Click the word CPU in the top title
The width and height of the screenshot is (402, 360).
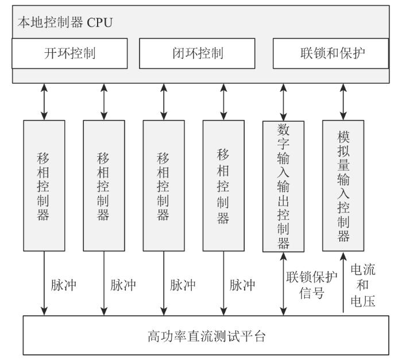(x=100, y=22)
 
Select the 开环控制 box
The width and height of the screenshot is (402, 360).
(x=69, y=53)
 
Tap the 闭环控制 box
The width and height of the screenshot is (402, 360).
(x=197, y=53)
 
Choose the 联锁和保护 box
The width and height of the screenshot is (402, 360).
(x=331, y=53)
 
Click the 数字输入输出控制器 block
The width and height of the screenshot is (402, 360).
(x=283, y=187)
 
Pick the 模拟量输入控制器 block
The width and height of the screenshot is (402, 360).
(x=343, y=185)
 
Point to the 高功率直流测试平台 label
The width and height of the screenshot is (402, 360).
(x=206, y=336)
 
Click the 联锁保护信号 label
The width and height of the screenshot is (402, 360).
(x=311, y=285)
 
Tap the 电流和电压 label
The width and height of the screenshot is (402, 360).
(x=363, y=285)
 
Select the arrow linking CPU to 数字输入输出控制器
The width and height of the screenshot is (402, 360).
(x=283, y=102)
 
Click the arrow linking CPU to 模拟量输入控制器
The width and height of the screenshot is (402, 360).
(x=343, y=102)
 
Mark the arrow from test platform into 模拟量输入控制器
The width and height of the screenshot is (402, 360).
(x=343, y=282)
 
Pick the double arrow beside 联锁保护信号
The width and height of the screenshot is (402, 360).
(x=283, y=284)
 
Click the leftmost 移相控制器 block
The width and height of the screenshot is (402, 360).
(x=44, y=185)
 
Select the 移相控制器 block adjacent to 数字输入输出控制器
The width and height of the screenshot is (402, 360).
(x=223, y=185)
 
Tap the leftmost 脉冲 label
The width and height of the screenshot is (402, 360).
(x=64, y=285)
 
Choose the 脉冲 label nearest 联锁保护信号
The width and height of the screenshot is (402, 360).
(x=242, y=285)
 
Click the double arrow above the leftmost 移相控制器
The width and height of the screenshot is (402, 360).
(x=44, y=102)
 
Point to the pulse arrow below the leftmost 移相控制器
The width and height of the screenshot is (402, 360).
(x=44, y=283)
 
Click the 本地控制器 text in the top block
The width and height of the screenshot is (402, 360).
(x=51, y=22)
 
